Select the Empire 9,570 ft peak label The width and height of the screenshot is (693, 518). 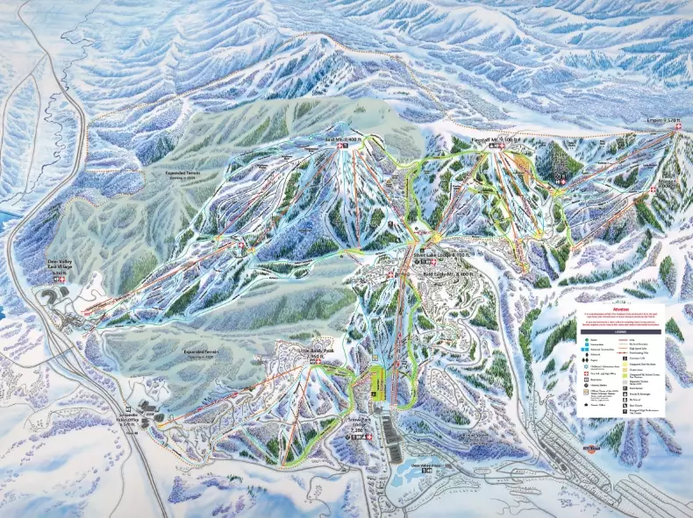[x=664, y=120]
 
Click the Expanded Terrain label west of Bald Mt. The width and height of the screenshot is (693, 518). [x=186, y=174]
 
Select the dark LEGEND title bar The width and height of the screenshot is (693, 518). [x=625, y=330]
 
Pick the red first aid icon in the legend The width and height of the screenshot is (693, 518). [x=586, y=374]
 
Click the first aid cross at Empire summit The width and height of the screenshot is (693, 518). [x=677, y=129]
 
